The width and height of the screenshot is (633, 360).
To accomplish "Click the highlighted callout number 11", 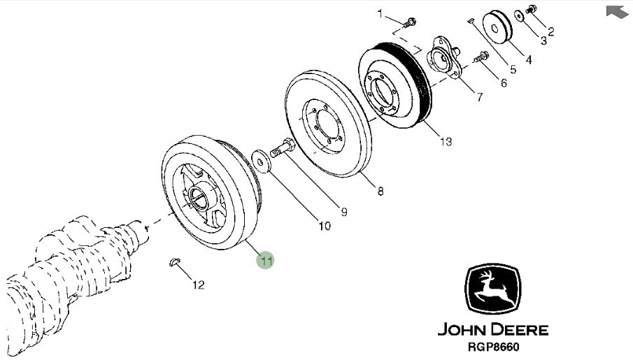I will point(266,261).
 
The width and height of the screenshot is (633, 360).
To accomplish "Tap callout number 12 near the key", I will point(199,285).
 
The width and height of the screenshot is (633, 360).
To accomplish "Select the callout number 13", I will point(446,143).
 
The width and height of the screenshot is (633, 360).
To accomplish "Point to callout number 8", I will point(380,191).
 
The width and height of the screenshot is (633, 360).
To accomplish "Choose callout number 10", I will point(324,226).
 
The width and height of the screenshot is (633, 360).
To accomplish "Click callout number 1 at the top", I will point(381,13).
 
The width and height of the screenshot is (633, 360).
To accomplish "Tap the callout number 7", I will point(479,98).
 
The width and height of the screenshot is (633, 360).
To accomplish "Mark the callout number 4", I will point(529,60).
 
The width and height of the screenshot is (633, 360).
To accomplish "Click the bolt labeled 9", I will point(281,148).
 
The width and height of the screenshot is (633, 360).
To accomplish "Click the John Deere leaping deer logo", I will point(492,289).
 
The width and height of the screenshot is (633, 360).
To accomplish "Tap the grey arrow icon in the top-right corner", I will point(616,11).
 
